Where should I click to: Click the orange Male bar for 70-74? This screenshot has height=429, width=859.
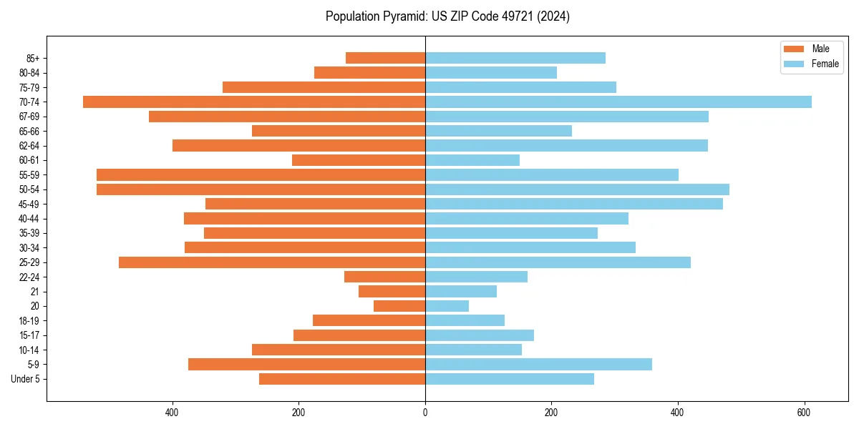[254, 102]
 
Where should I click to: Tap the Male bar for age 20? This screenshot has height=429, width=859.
[399, 306]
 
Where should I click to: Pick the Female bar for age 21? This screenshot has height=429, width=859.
[461, 291]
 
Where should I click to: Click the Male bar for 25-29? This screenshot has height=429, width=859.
[272, 262]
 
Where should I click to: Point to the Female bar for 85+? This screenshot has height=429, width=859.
[515, 58]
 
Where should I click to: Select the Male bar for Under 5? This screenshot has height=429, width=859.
[342, 379]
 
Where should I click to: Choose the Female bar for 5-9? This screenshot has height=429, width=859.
[538, 364]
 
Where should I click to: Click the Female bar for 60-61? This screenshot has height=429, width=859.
[472, 160]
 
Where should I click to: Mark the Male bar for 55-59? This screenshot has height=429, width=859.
[261, 174]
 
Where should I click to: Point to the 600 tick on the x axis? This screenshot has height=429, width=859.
[805, 413]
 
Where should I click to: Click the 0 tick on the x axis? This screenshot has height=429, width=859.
[425, 413]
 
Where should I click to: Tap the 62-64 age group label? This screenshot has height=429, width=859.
[29, 146]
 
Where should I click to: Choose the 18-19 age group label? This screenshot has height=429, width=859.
[29, 321]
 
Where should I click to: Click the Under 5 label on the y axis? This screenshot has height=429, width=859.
[26, 379]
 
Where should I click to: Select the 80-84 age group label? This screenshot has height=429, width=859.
[29, 73]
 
